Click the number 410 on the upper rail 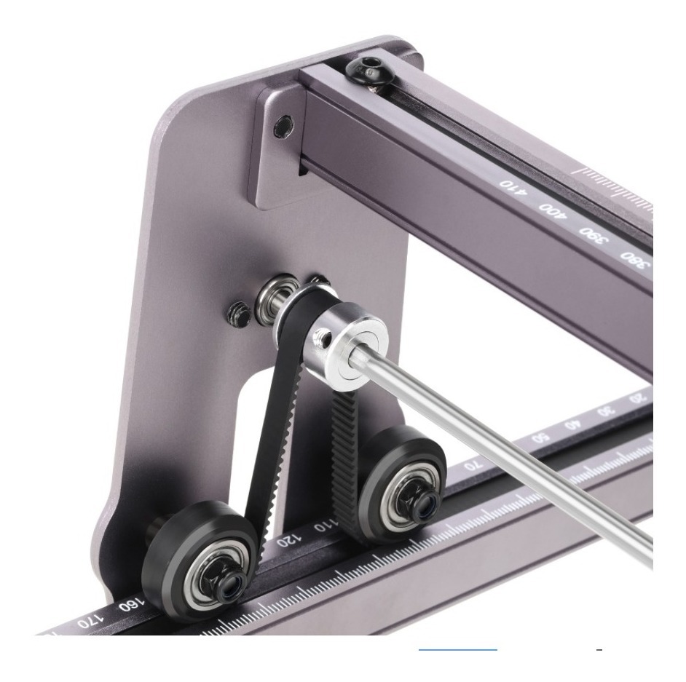513,184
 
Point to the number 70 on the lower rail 474,467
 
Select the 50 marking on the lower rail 541,438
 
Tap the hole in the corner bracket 280,129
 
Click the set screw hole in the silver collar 320,334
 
